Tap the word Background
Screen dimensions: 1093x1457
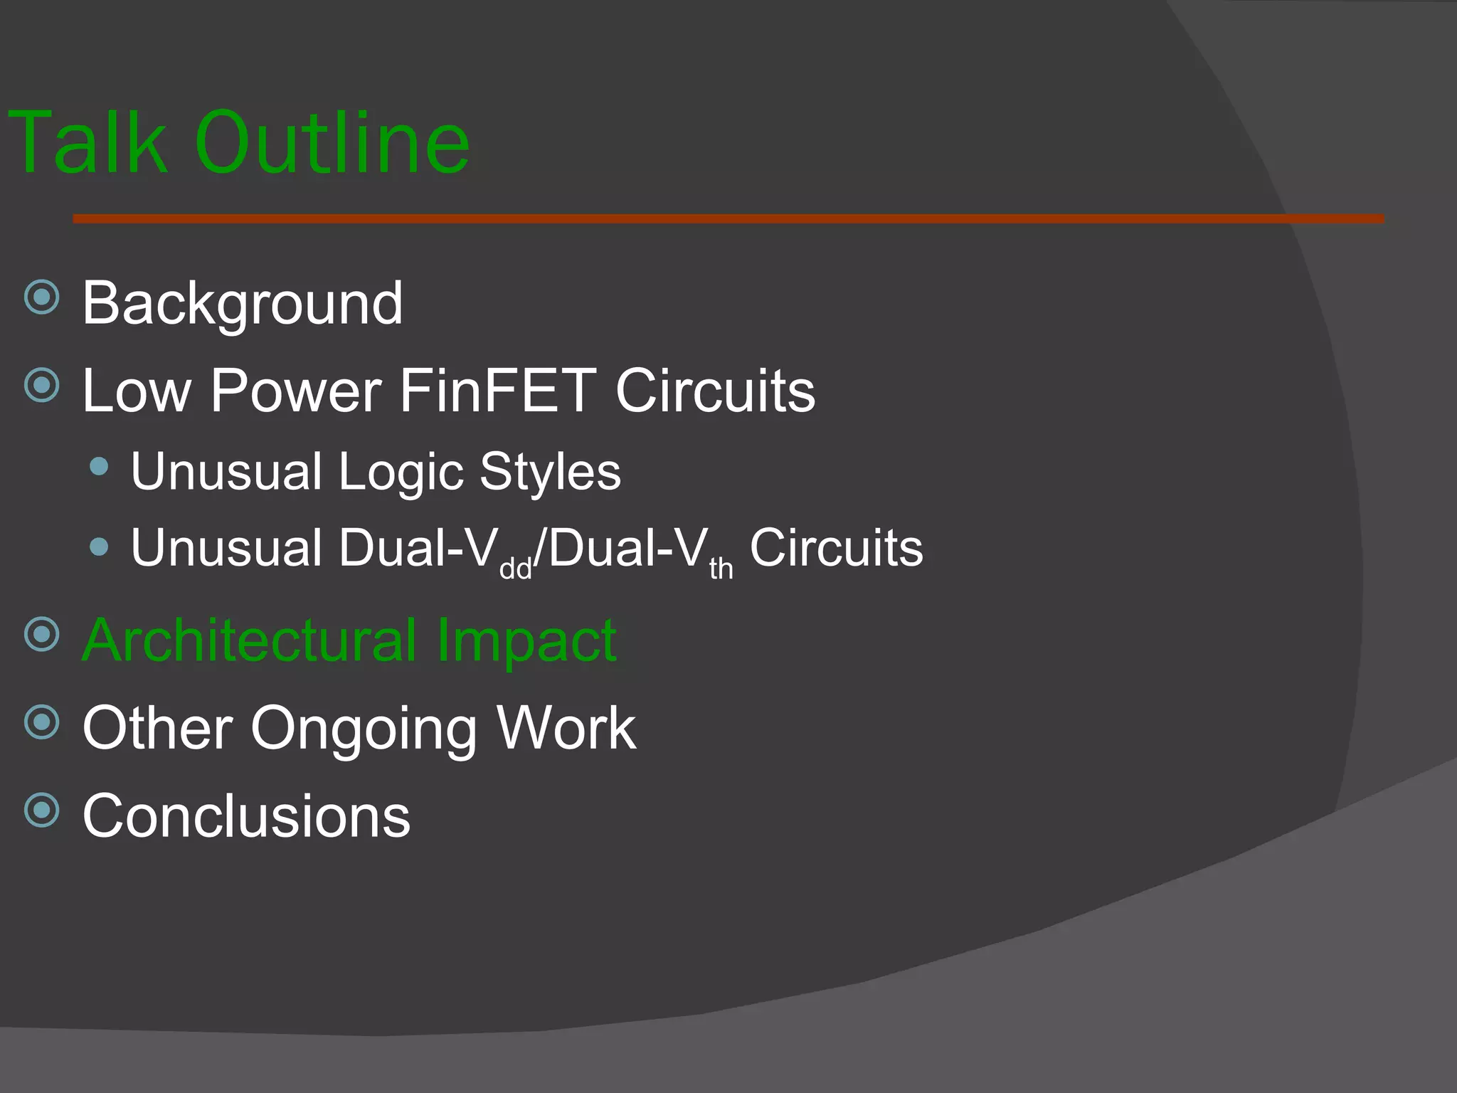point(243,304)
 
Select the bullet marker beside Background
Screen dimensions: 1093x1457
point(42,297)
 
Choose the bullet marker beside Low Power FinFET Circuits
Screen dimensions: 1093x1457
point(42,385)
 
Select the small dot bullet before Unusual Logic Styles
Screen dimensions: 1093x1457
point(100,467)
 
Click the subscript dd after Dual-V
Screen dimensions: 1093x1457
point(516,569)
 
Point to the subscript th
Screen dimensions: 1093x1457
point(721,569)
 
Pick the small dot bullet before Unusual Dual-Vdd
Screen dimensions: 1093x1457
point(100,547)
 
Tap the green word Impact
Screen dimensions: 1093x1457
point(526,641)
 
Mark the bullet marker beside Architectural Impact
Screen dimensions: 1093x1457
point(42,634)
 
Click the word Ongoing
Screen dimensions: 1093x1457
point(364,729)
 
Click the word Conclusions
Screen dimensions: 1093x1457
point(246,815)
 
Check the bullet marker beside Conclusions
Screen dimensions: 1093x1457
point(42,810)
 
